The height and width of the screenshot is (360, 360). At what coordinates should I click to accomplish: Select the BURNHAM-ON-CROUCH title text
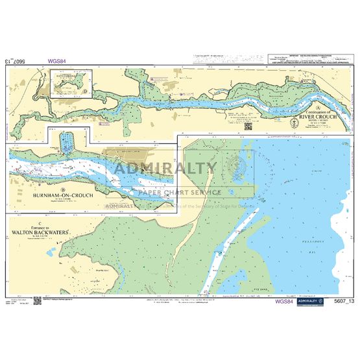coord(58,195)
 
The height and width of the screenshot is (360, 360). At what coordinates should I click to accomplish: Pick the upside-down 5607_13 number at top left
coord(14,62)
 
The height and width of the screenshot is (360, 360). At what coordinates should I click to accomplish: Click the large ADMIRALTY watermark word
coord(165,168)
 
